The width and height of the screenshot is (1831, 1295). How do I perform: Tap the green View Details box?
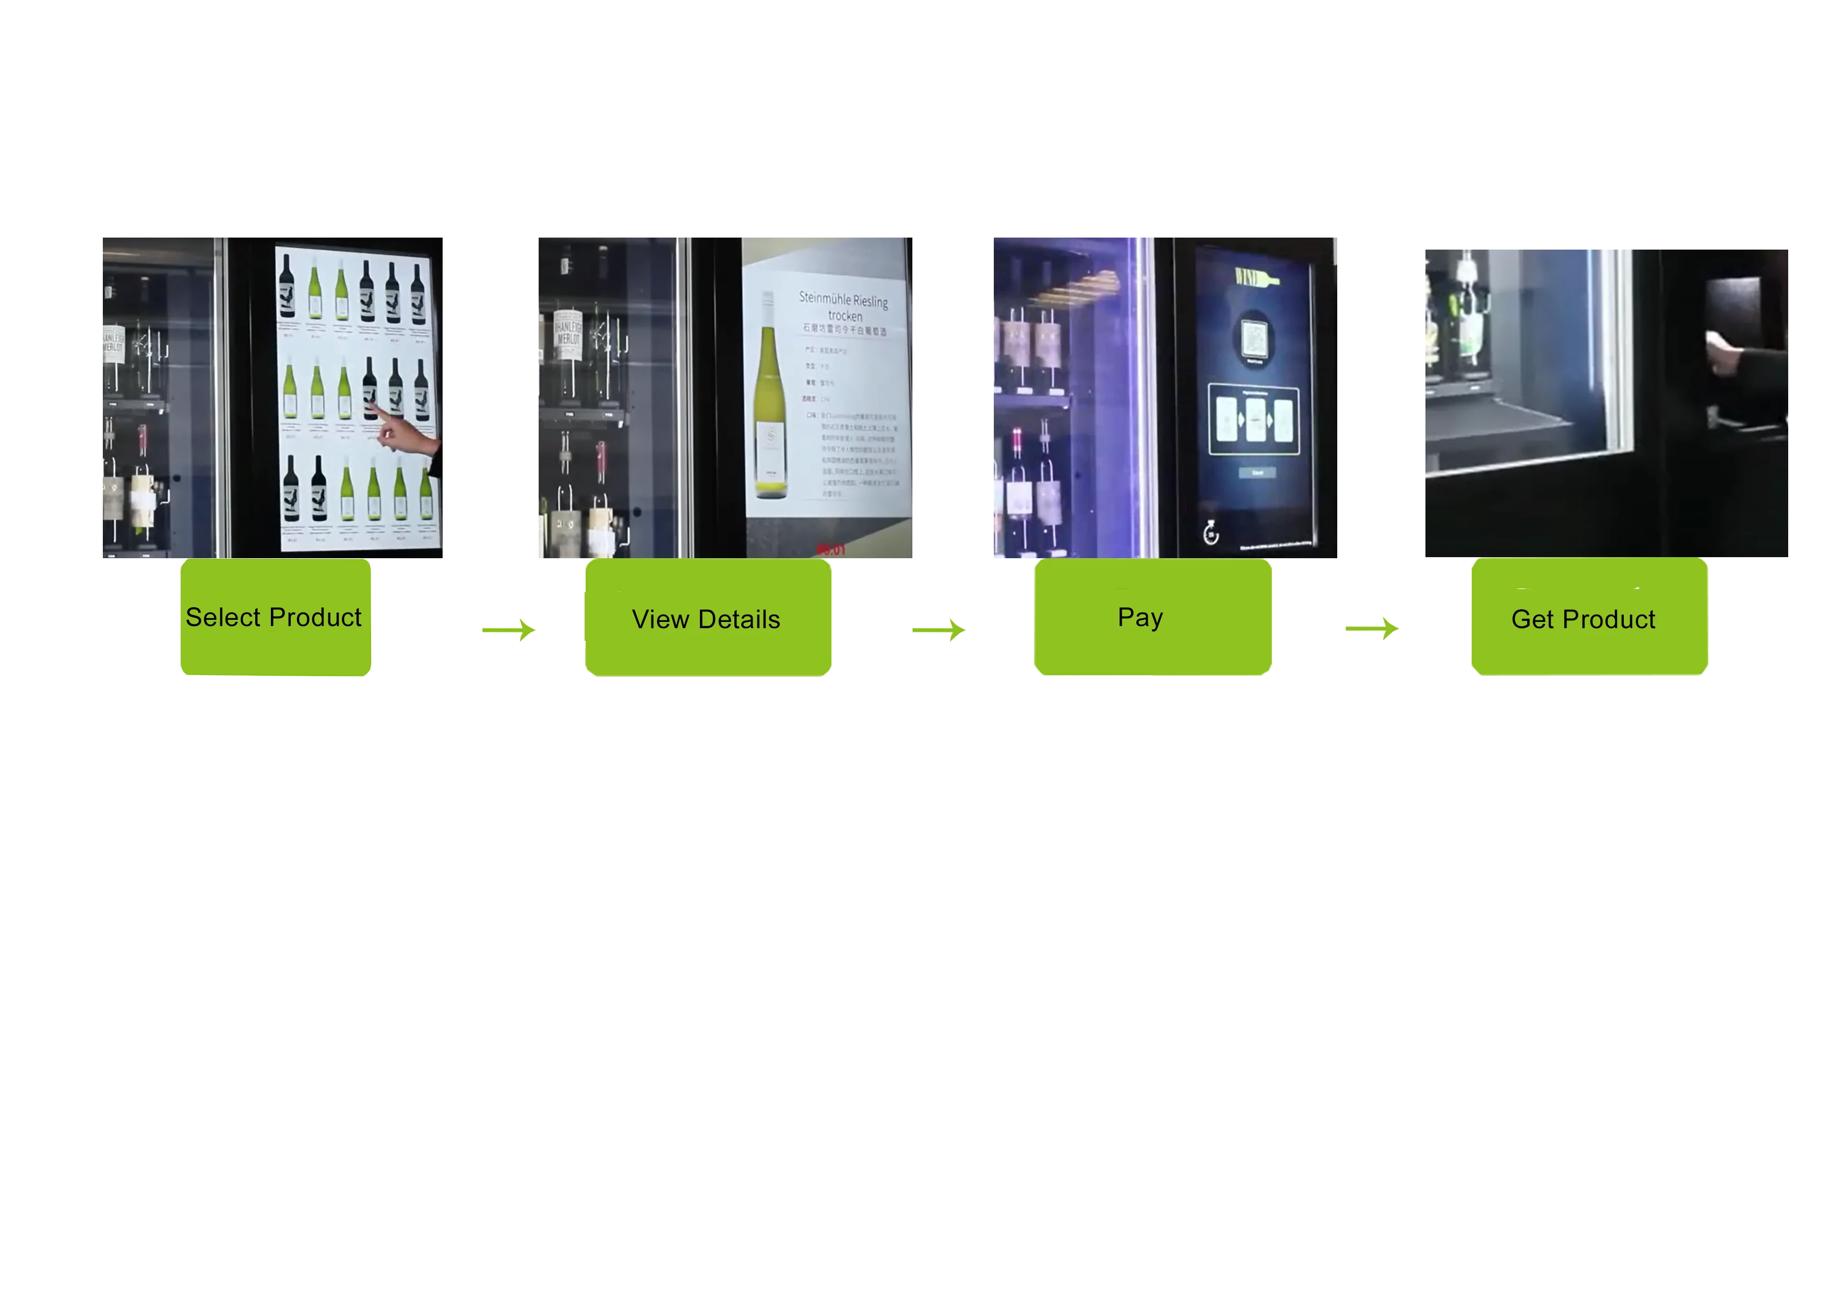[x=707, y=618]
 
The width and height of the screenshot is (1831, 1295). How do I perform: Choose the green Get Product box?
[x=1589, y=618]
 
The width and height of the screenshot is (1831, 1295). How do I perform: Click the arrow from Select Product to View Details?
[x=510, y=630]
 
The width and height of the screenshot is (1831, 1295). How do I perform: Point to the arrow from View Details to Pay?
[x=940, y=630]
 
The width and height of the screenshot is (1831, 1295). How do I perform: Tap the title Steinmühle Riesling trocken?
[x=843, y=307]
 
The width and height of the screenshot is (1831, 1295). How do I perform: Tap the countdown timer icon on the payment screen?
[x=1210, y=532]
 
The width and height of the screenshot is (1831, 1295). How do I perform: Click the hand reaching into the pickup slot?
[x=1730, y=355]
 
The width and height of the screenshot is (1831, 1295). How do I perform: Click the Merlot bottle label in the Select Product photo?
[x=112, y=345]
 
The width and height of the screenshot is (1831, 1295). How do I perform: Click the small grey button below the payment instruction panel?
[x=1257, y=473]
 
